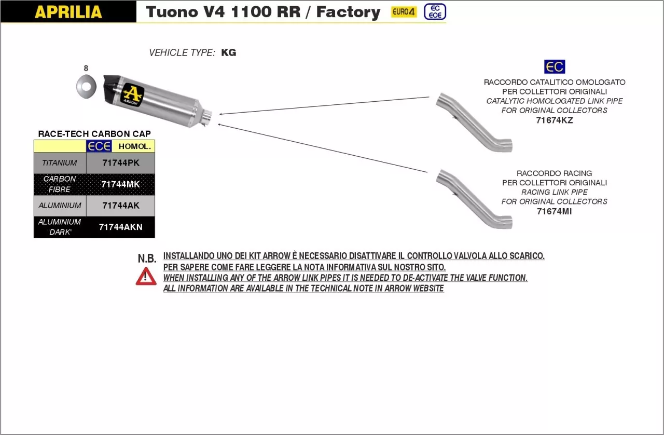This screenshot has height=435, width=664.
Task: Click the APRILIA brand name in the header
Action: coord(68,12)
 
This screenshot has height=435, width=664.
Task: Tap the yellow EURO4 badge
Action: coord(403,12)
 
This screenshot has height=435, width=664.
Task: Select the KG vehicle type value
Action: coord(228,52)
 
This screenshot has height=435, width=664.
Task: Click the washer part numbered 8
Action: coord(86,86)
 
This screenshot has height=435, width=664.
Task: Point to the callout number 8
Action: coord(86,68)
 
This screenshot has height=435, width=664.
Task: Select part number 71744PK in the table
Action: coord(120,163)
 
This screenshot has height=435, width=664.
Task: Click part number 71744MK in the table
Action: coord(120,184)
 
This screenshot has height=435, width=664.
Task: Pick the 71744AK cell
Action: coord(120,206)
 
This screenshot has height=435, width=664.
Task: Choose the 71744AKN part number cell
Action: coord(120,227)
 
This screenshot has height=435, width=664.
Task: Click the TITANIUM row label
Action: coord(60,163)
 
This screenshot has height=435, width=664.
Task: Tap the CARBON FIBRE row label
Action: coord(60,184)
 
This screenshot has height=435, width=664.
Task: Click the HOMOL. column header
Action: coord(134,146)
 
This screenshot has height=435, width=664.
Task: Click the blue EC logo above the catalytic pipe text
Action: coord(554,67)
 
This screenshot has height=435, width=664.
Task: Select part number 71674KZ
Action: coord(554,120)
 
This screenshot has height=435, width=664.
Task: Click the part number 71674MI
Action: coord(554,211)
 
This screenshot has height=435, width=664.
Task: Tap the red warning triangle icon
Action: coord(146,276)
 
